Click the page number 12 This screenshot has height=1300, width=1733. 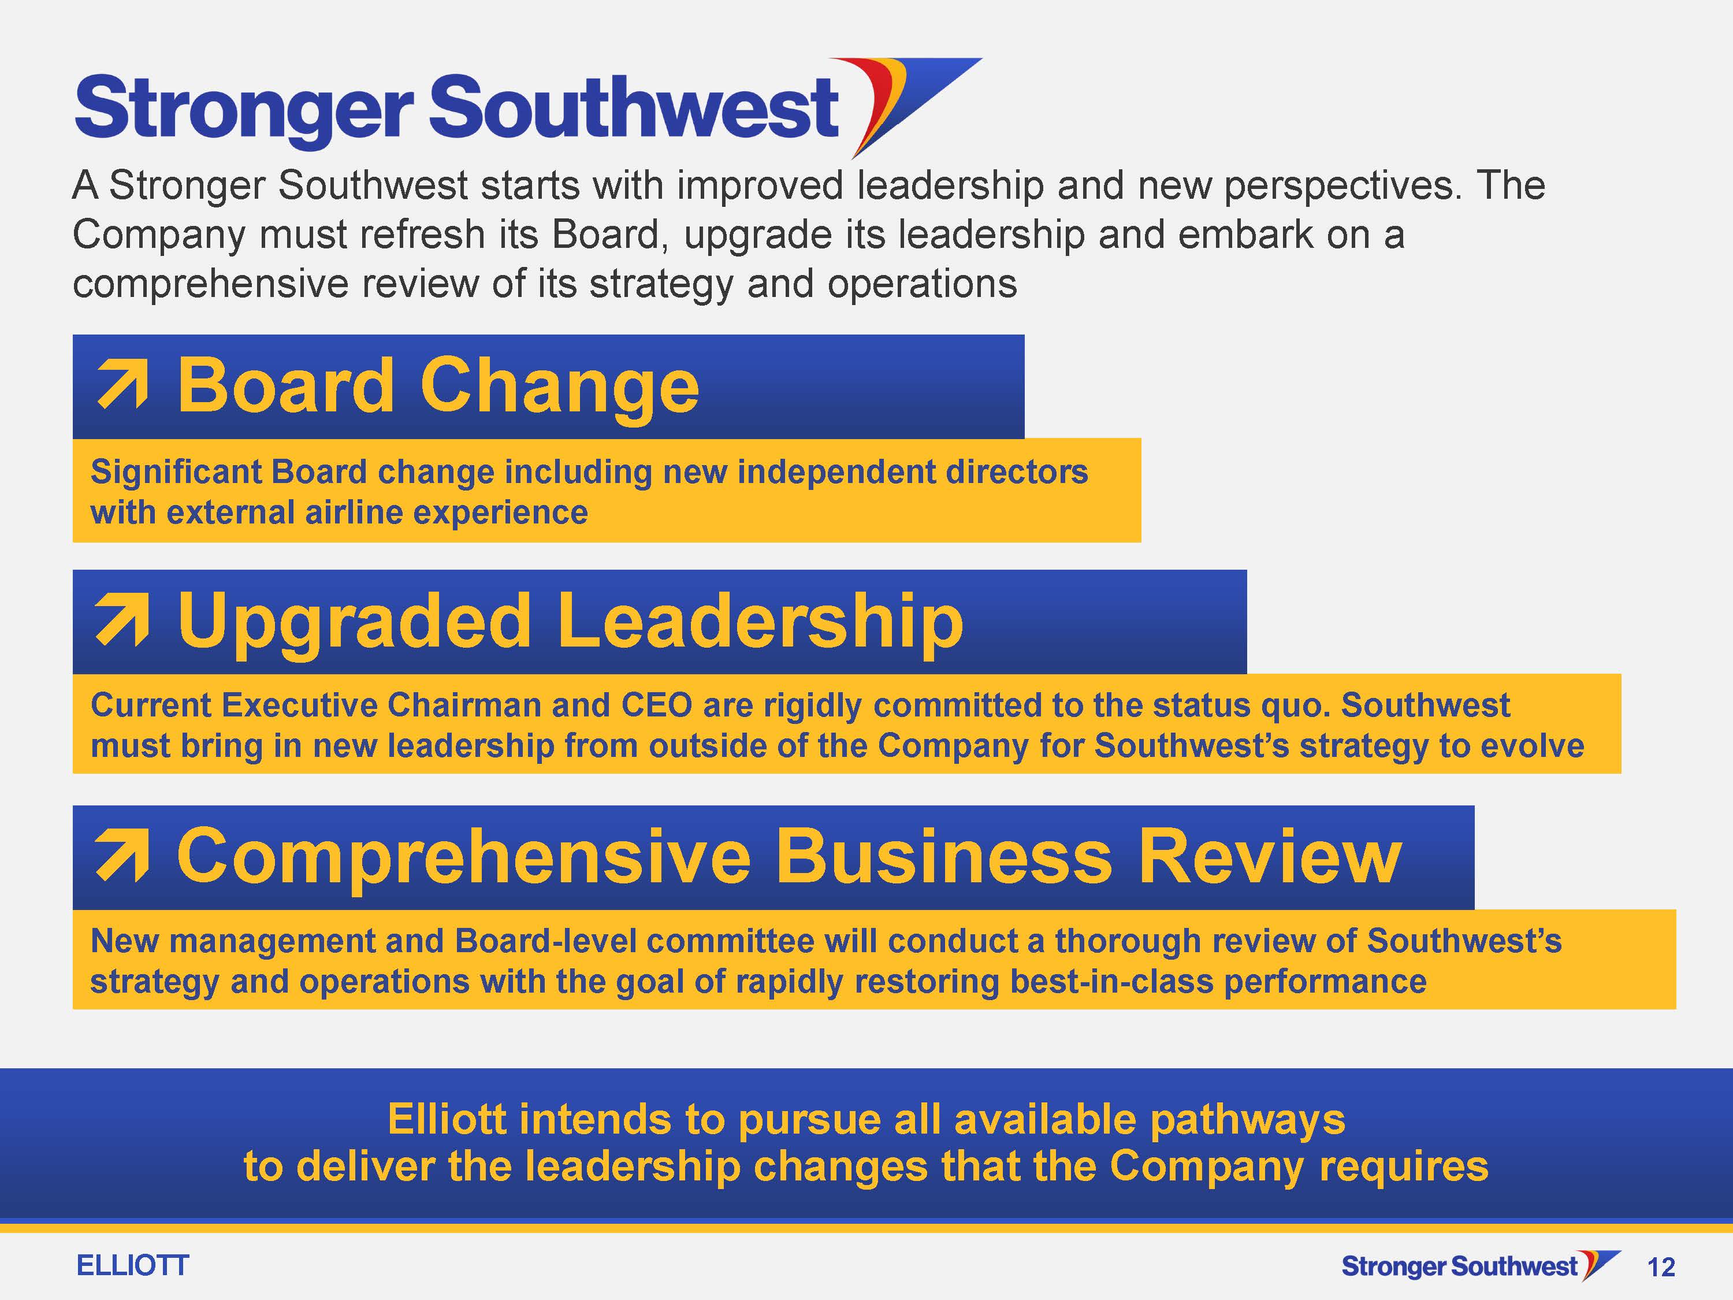[x=1661, y=1267]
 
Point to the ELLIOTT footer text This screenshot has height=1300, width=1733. [x=132, y=1265]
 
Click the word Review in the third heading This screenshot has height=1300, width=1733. [x=1269, y=856]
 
